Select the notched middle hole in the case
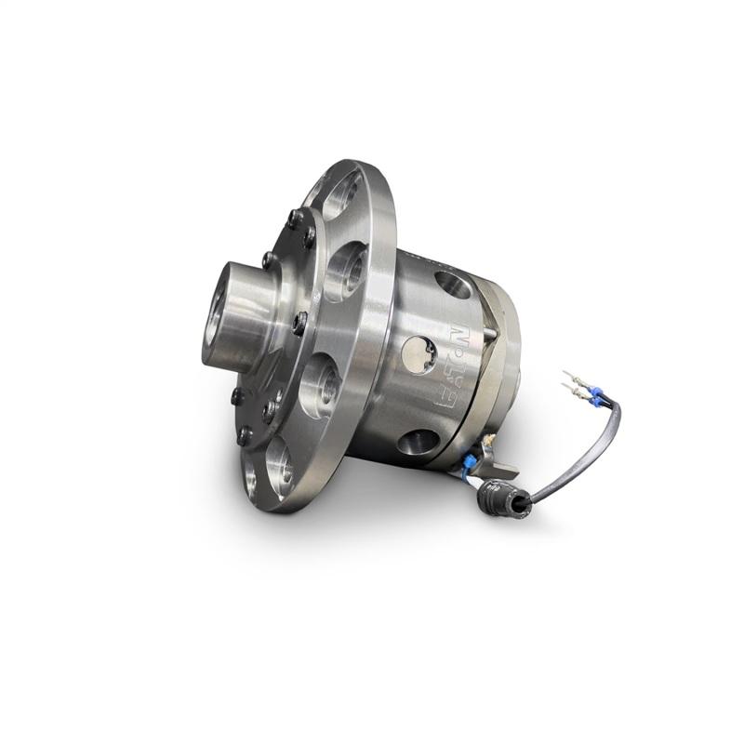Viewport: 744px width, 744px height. click(418, 354)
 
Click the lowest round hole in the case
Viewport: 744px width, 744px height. click(419, 442)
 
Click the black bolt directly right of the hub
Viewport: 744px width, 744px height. click(299, 322)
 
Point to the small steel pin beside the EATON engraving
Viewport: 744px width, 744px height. click(484, 329)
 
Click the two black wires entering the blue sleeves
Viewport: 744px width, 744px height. click(606, 401)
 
